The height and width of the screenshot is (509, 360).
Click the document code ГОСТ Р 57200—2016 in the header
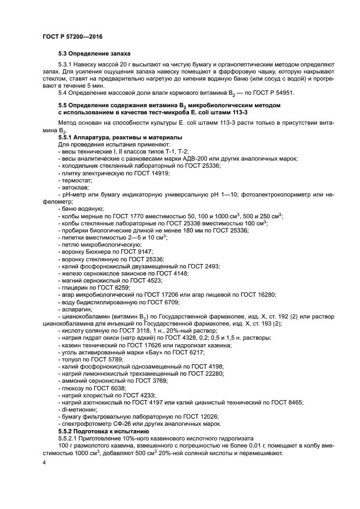point(72,36)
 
